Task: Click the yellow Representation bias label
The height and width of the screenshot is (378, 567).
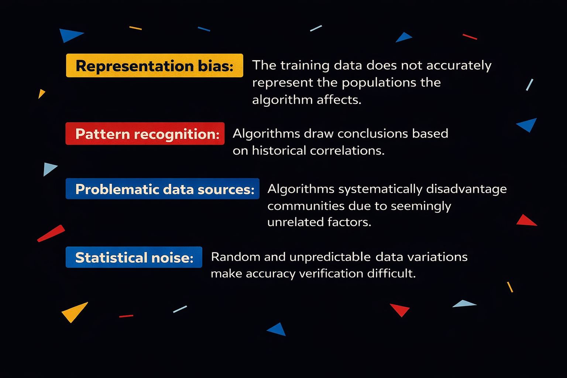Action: pyautogui.click(x=154, y=65)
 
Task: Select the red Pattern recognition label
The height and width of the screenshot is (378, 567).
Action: pyautogui.click(x=145, y=134)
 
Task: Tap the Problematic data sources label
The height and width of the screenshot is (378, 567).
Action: pyautogui.click(x=162, y=189)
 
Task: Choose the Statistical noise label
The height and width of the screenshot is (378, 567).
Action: pyautogui.click(x=134, y=257)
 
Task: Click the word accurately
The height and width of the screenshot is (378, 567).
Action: pyautogui.click(x=459, y=66)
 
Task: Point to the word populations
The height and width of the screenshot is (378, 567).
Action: pyautogui.click(x=379, y=83)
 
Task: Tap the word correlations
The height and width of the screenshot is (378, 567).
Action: pyautogui.click(x=347, y=151)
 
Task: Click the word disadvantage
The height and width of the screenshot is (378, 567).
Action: pyautogui.click(x=467, y=189)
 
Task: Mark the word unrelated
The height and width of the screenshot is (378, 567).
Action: pyautogui.click(x=295, y=222)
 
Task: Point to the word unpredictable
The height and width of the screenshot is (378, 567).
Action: pyautogui.click(x=330, y=257)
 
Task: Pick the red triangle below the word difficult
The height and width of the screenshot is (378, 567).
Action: pyautogui.click(x=400, y=309)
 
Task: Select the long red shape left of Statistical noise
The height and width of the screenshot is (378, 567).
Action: pyautogui.click(x=51, y=233)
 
